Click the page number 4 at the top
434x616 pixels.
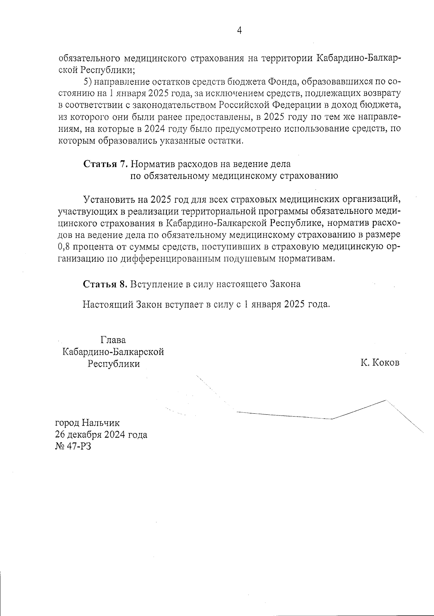point(239,30)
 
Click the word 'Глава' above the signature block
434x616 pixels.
point(113,340)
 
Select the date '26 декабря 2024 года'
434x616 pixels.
point(101,434)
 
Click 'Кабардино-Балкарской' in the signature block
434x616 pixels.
point(113,351)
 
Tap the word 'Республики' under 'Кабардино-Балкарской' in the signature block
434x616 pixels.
point(114,363)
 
